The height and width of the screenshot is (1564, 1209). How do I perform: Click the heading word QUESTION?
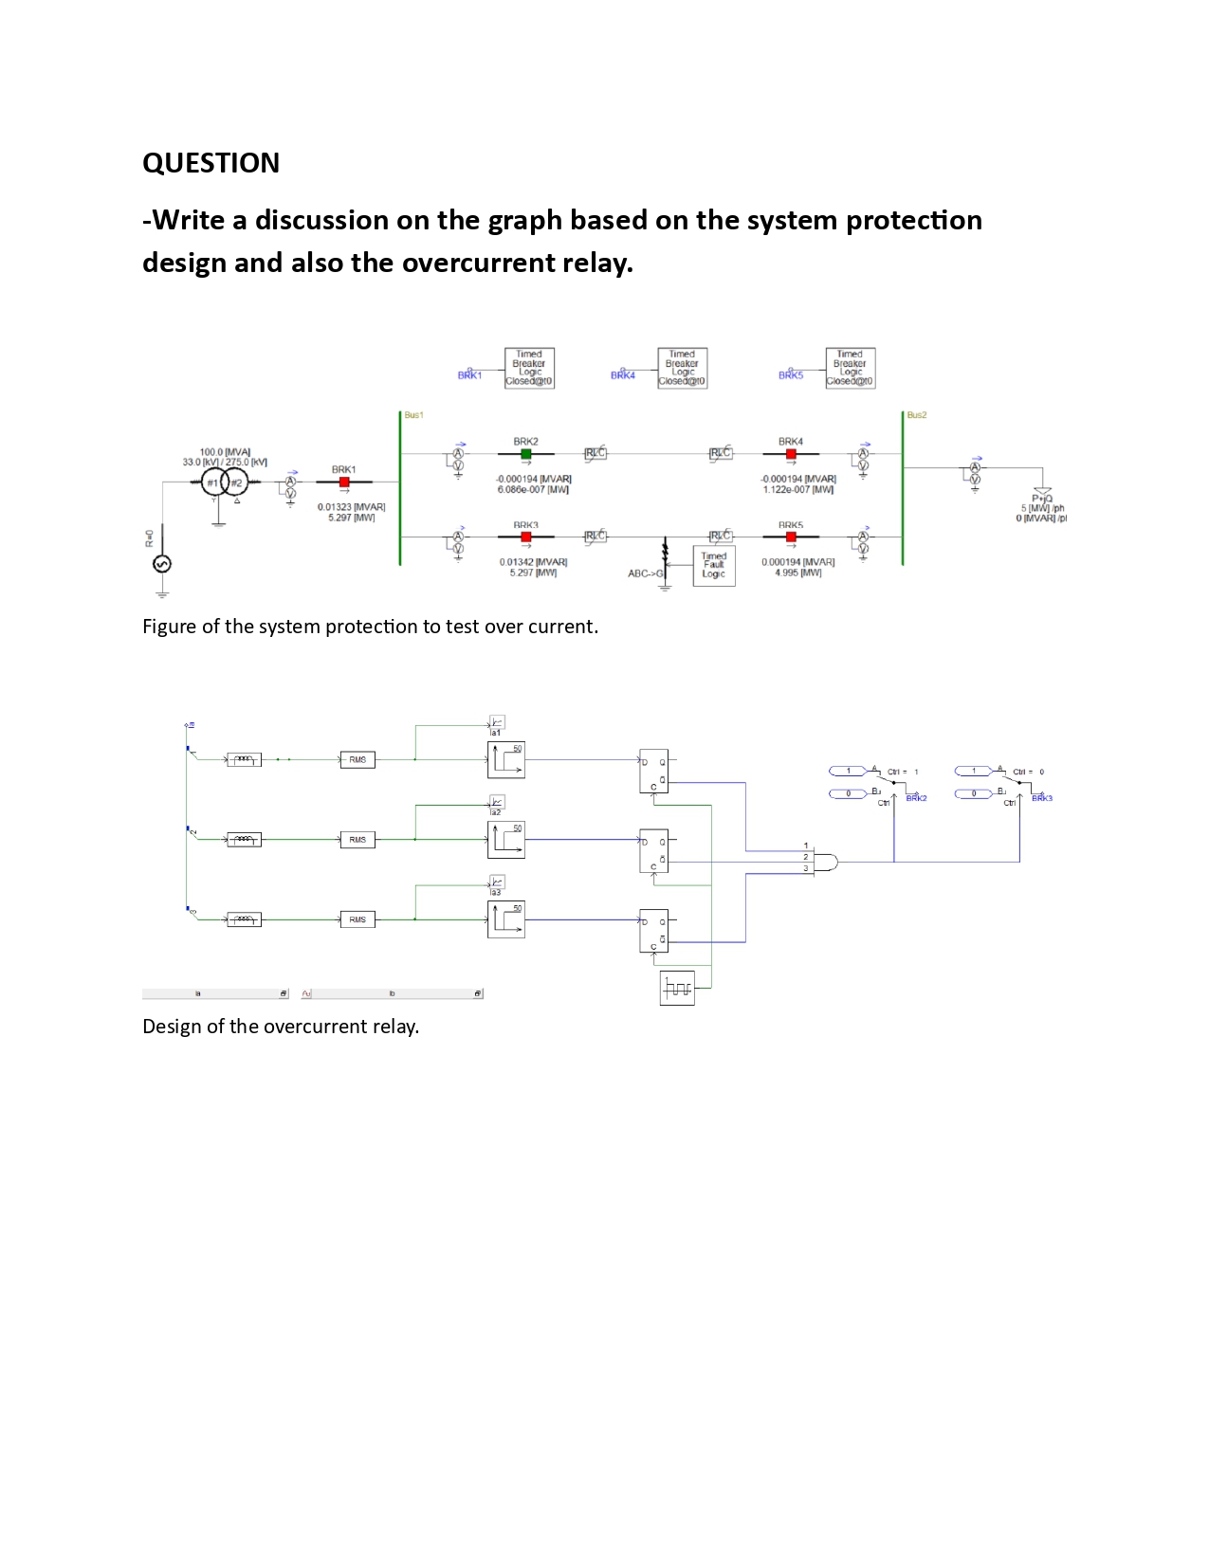pos(211,163)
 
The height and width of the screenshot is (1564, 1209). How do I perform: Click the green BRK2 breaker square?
pos(526,454)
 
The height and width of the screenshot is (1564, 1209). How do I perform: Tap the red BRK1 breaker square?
pos(344,482)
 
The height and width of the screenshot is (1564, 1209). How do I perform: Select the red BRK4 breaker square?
pos(791,454)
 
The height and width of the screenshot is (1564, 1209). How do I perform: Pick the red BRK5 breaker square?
pos(791,537)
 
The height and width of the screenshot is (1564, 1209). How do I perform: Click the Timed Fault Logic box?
pos(714,566)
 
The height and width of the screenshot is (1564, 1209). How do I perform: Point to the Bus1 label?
pos(413,415)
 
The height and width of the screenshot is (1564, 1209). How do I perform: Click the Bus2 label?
pos(916,415)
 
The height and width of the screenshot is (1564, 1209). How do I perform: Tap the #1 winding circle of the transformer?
pos(213,482)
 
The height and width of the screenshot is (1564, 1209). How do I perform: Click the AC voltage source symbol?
pos(162,564)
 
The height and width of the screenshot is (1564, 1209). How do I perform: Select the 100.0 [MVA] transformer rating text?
pos(225,452)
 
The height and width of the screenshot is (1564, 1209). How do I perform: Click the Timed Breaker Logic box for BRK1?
pos(529,368)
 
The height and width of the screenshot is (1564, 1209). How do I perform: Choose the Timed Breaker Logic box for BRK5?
pos(850,368)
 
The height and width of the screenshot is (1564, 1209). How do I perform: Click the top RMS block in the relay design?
pos(357,760)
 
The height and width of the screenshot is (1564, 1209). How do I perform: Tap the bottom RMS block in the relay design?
pos(357,919)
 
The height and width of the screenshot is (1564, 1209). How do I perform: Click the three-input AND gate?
pos(826,863)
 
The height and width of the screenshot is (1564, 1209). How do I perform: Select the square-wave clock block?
pos(677,988)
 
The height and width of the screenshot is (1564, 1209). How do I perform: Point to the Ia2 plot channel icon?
pos(497,802)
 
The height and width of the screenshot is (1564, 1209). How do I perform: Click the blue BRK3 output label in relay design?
pos(1042,798)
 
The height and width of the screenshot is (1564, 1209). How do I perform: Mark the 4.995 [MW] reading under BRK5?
pos(798,573)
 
